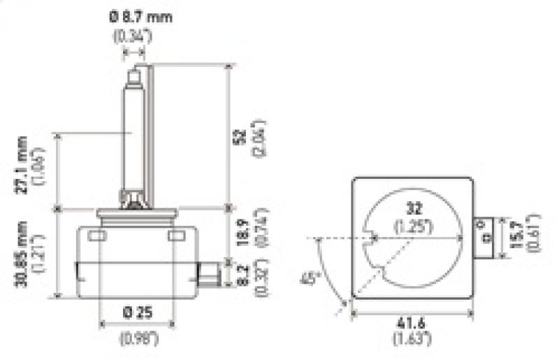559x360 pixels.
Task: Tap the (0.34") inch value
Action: [x=131, y=35]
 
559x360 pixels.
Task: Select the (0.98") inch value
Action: [x=138, y=340]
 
